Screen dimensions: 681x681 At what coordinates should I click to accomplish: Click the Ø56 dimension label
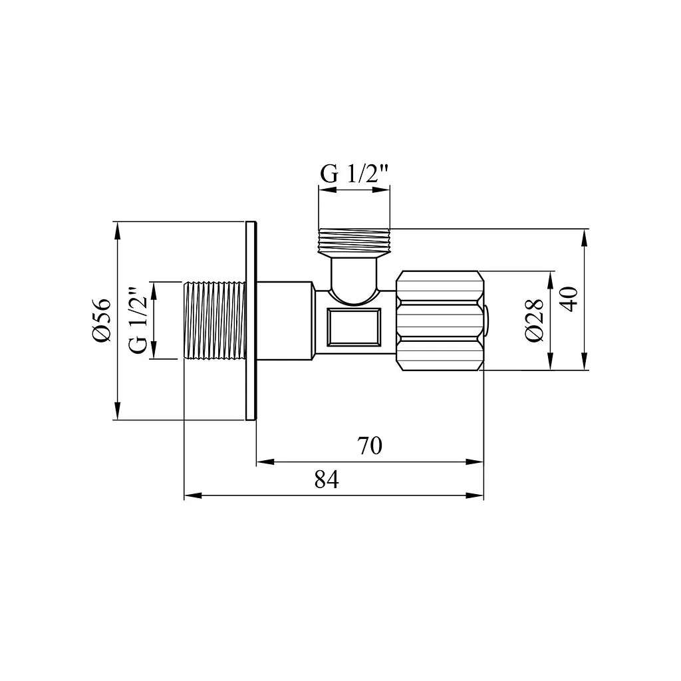pyautogui.click(x=102, y=320)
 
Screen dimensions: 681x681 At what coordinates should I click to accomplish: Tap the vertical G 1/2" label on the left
pyautogui.click(x=138, y=320)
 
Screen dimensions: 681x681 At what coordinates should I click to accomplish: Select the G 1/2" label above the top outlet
pyautogui.click(x=354, y=174)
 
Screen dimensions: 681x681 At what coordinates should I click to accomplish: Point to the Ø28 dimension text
pyautogui.click(x=534, y=320)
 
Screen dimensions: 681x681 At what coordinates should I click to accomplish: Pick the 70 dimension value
pyautogui.click(x=370, y=446)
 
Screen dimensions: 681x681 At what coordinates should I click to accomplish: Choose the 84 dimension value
pyautogui.click(x=327, y=479)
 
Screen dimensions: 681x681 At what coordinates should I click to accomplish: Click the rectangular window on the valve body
pyautogui.click(x=354, y=327)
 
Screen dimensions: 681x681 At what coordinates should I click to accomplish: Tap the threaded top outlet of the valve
pyautogui.click(x=354, y=242)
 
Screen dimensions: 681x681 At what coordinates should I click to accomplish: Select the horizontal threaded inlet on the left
pyautogui.click(x=215, y=320)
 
